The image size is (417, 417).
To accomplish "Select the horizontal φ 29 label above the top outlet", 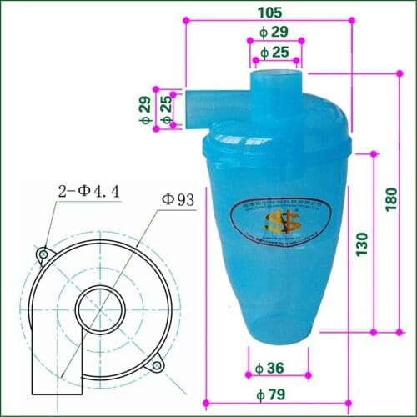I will (x=274, y=31).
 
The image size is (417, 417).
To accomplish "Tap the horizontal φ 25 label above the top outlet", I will (x=274, y=53).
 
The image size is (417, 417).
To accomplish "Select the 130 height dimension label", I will (x=361, y=243).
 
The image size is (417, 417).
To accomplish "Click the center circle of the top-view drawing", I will (x=99, y=310).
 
